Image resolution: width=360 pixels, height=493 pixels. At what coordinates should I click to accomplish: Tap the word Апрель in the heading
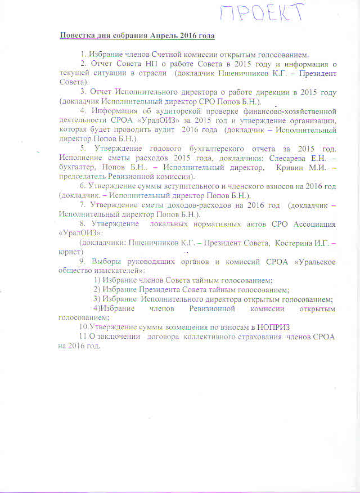162,36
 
